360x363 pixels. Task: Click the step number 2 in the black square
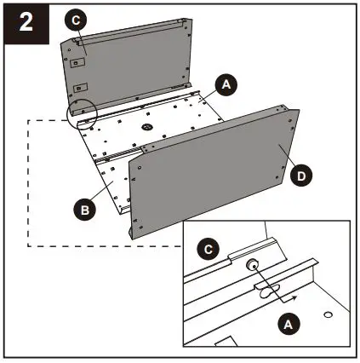(26, 21)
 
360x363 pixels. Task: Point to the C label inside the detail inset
(205, 250)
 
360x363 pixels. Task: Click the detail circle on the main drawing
(83, 113)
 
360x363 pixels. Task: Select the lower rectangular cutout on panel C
(79, 87)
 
